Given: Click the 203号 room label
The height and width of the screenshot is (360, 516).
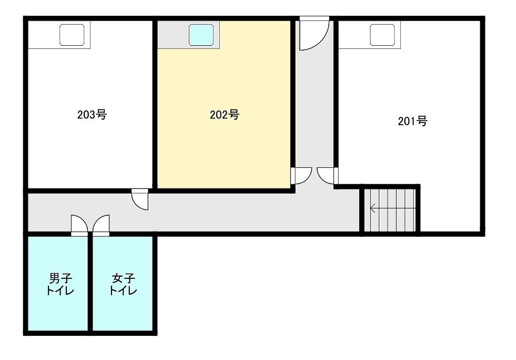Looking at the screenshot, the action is pyautogui.click(x=92, y=115).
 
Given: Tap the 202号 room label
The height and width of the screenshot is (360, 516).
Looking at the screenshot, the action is pyautogui.click(x=225, y=115).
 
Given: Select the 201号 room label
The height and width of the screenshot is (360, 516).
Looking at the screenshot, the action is pyautogui.click(x=413, y=121).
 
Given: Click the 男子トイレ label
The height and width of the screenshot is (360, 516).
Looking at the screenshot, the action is pyautogui.click(x=60, y=284).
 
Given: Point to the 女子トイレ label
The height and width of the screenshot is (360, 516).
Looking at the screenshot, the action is pyautogui.click(x=123, y=284).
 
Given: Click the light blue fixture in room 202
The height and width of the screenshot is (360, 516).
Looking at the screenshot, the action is pyautogui.click(x=201, y=35).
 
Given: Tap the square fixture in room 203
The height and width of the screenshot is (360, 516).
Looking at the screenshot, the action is pyautogui.click(x=72, y=35).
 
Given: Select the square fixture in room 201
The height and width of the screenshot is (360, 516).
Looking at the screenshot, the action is pyautogui.click(x=382, y=35).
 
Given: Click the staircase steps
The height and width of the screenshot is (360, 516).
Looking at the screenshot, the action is pyautogui.click(x=392, y=210).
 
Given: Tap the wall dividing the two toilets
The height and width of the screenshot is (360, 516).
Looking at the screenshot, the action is pyautogui.click(x=90, y=284).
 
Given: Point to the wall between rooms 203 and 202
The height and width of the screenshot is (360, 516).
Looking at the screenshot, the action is pyautogui.click(x=155, y=104).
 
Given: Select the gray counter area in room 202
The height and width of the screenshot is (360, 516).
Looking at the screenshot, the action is pyautogui.click(x=188, y=35).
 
